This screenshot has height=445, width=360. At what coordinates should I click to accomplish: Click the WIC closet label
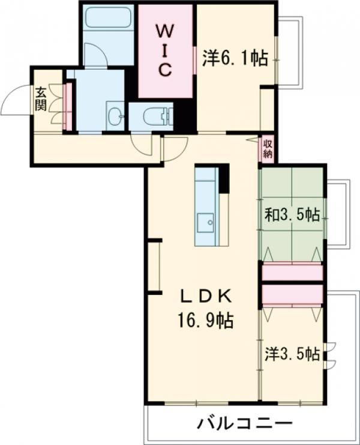(x=164, y=50)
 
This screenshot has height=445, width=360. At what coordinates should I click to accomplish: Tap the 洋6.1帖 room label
(x=235, y=58)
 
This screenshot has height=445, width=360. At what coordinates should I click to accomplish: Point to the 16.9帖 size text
(x=205, y=320)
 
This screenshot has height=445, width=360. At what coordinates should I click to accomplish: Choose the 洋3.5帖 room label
(x=292, y=354)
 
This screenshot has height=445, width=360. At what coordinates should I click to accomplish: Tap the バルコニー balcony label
(x=245, y=425)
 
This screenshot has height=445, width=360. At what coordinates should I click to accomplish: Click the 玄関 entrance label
(x=41, y=99)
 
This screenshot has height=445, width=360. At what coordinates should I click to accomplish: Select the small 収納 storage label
(x=268, y=149)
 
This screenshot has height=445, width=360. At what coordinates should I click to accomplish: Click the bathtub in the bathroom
(x=108, y=17)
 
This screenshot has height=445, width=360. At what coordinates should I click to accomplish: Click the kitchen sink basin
(x=206, y=223)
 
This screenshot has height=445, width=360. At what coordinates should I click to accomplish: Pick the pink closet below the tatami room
(x=292, y=273)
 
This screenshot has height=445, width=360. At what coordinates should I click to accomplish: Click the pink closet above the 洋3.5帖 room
(x=292, y=295)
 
